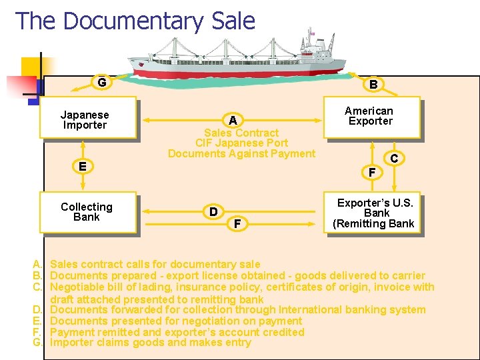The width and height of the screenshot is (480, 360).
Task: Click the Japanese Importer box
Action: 89,119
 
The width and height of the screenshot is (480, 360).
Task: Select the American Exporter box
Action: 371,117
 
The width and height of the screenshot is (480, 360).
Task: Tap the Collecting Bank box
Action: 88,212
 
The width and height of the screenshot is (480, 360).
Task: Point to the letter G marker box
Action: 101,83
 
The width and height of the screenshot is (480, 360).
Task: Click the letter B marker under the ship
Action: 373,84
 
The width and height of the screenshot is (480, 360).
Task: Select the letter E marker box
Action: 82,166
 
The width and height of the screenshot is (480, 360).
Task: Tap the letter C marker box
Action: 394,159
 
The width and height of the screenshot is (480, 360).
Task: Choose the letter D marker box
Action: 213,211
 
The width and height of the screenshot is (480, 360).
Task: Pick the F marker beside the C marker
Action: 372,173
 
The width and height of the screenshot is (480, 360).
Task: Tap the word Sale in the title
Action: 233,21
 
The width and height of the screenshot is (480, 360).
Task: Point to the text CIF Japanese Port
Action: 241,143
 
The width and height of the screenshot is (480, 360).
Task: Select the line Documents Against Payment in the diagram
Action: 241,153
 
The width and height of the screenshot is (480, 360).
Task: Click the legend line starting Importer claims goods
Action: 151,343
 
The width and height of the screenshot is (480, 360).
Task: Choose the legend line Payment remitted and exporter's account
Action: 177,332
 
